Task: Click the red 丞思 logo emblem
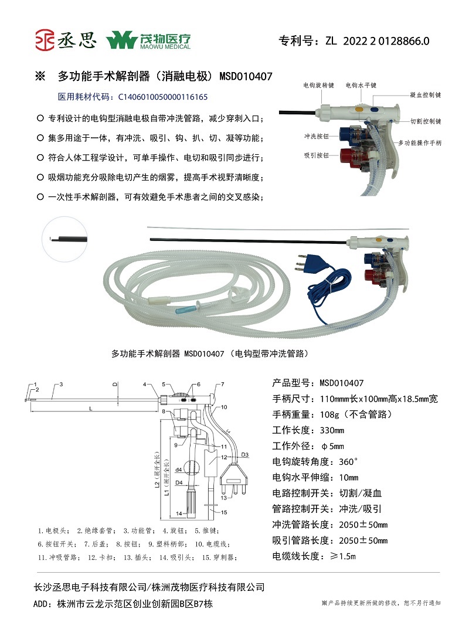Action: [x=44, y=41]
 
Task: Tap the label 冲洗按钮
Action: [x=315, y=137]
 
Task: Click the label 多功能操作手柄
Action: [x=420, y=142]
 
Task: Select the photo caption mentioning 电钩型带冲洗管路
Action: [x=210, y=353]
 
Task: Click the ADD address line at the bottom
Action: [x=120, y=604]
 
